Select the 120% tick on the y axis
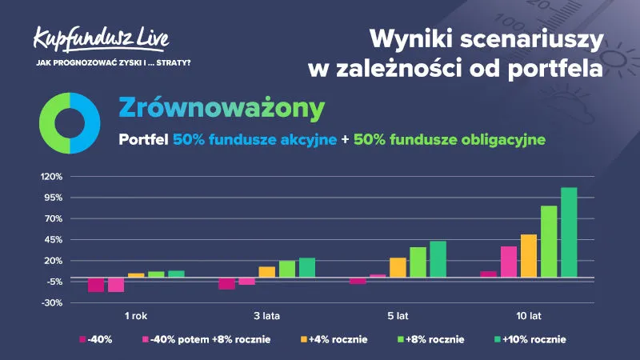pyautogui.click(x=51, y=176)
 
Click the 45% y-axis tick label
pyautogui.click(x=53, y=239)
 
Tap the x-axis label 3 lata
pyautogui.click(x=267, y=315)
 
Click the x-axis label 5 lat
pyautogui.click(x=398, y=315)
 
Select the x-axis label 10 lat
pyautogui.click(x=529, y=315)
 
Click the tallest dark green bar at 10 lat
pyautogui.click(x=569, y=232)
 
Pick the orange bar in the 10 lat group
pyautogui.click(x=529, y=255)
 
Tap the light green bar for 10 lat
pyautogui.click(x=549, y=241)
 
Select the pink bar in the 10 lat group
pyautogui.click(x=509, y=262)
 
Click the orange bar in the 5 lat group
pyautogui.click(x=398, y=267)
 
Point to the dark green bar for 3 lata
pyautogui.click(x=307, y=267)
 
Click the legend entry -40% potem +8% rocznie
pyautogui.click(x=206, y=339)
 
